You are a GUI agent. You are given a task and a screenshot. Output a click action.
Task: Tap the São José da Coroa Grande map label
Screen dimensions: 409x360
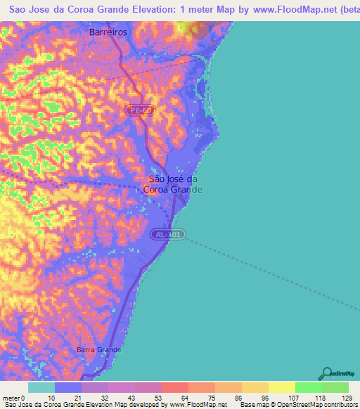173,184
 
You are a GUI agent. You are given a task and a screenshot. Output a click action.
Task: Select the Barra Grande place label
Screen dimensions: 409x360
98,349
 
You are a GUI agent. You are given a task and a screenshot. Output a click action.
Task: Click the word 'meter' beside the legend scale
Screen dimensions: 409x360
11,398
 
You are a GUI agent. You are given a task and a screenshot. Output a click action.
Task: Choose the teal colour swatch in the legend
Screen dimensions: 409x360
41,387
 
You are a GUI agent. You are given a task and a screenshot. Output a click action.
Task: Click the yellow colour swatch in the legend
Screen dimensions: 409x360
282,387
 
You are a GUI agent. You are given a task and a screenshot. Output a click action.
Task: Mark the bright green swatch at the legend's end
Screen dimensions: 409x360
335,387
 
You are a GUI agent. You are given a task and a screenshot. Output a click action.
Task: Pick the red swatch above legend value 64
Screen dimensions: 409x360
174,387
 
